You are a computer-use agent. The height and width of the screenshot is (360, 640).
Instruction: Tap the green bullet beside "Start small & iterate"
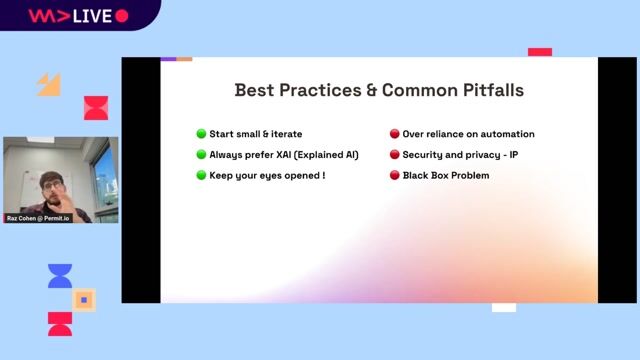201,134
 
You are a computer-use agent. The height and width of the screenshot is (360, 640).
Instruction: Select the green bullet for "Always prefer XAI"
201,155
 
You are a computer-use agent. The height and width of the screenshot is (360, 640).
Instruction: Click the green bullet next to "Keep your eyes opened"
201,176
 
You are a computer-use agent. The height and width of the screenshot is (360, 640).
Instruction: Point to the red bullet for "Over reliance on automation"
394,134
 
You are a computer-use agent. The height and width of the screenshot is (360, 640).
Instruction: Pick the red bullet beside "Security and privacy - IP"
394,155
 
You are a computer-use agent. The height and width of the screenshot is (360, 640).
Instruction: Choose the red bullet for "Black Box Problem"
394,176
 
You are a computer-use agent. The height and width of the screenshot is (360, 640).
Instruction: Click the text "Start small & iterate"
255,134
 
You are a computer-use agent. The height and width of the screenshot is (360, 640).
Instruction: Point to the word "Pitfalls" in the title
488,90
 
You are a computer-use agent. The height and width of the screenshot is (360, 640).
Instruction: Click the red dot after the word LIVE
122,16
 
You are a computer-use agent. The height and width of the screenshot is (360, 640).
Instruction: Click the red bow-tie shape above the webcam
96,108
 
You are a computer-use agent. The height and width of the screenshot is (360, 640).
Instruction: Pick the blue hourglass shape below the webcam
60,276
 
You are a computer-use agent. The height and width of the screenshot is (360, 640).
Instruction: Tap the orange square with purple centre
85,299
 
